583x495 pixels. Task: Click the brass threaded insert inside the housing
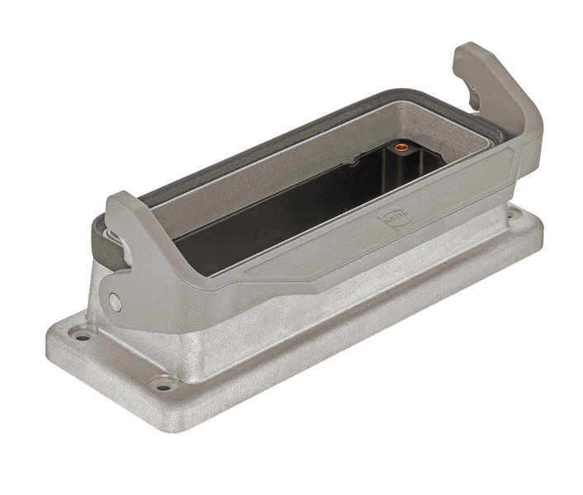(x=402, y=148)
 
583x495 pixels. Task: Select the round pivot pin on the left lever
(x=115, y=303)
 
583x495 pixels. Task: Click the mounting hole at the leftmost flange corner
(x=82, y=336)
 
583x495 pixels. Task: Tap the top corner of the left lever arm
(x=115, y=198)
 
